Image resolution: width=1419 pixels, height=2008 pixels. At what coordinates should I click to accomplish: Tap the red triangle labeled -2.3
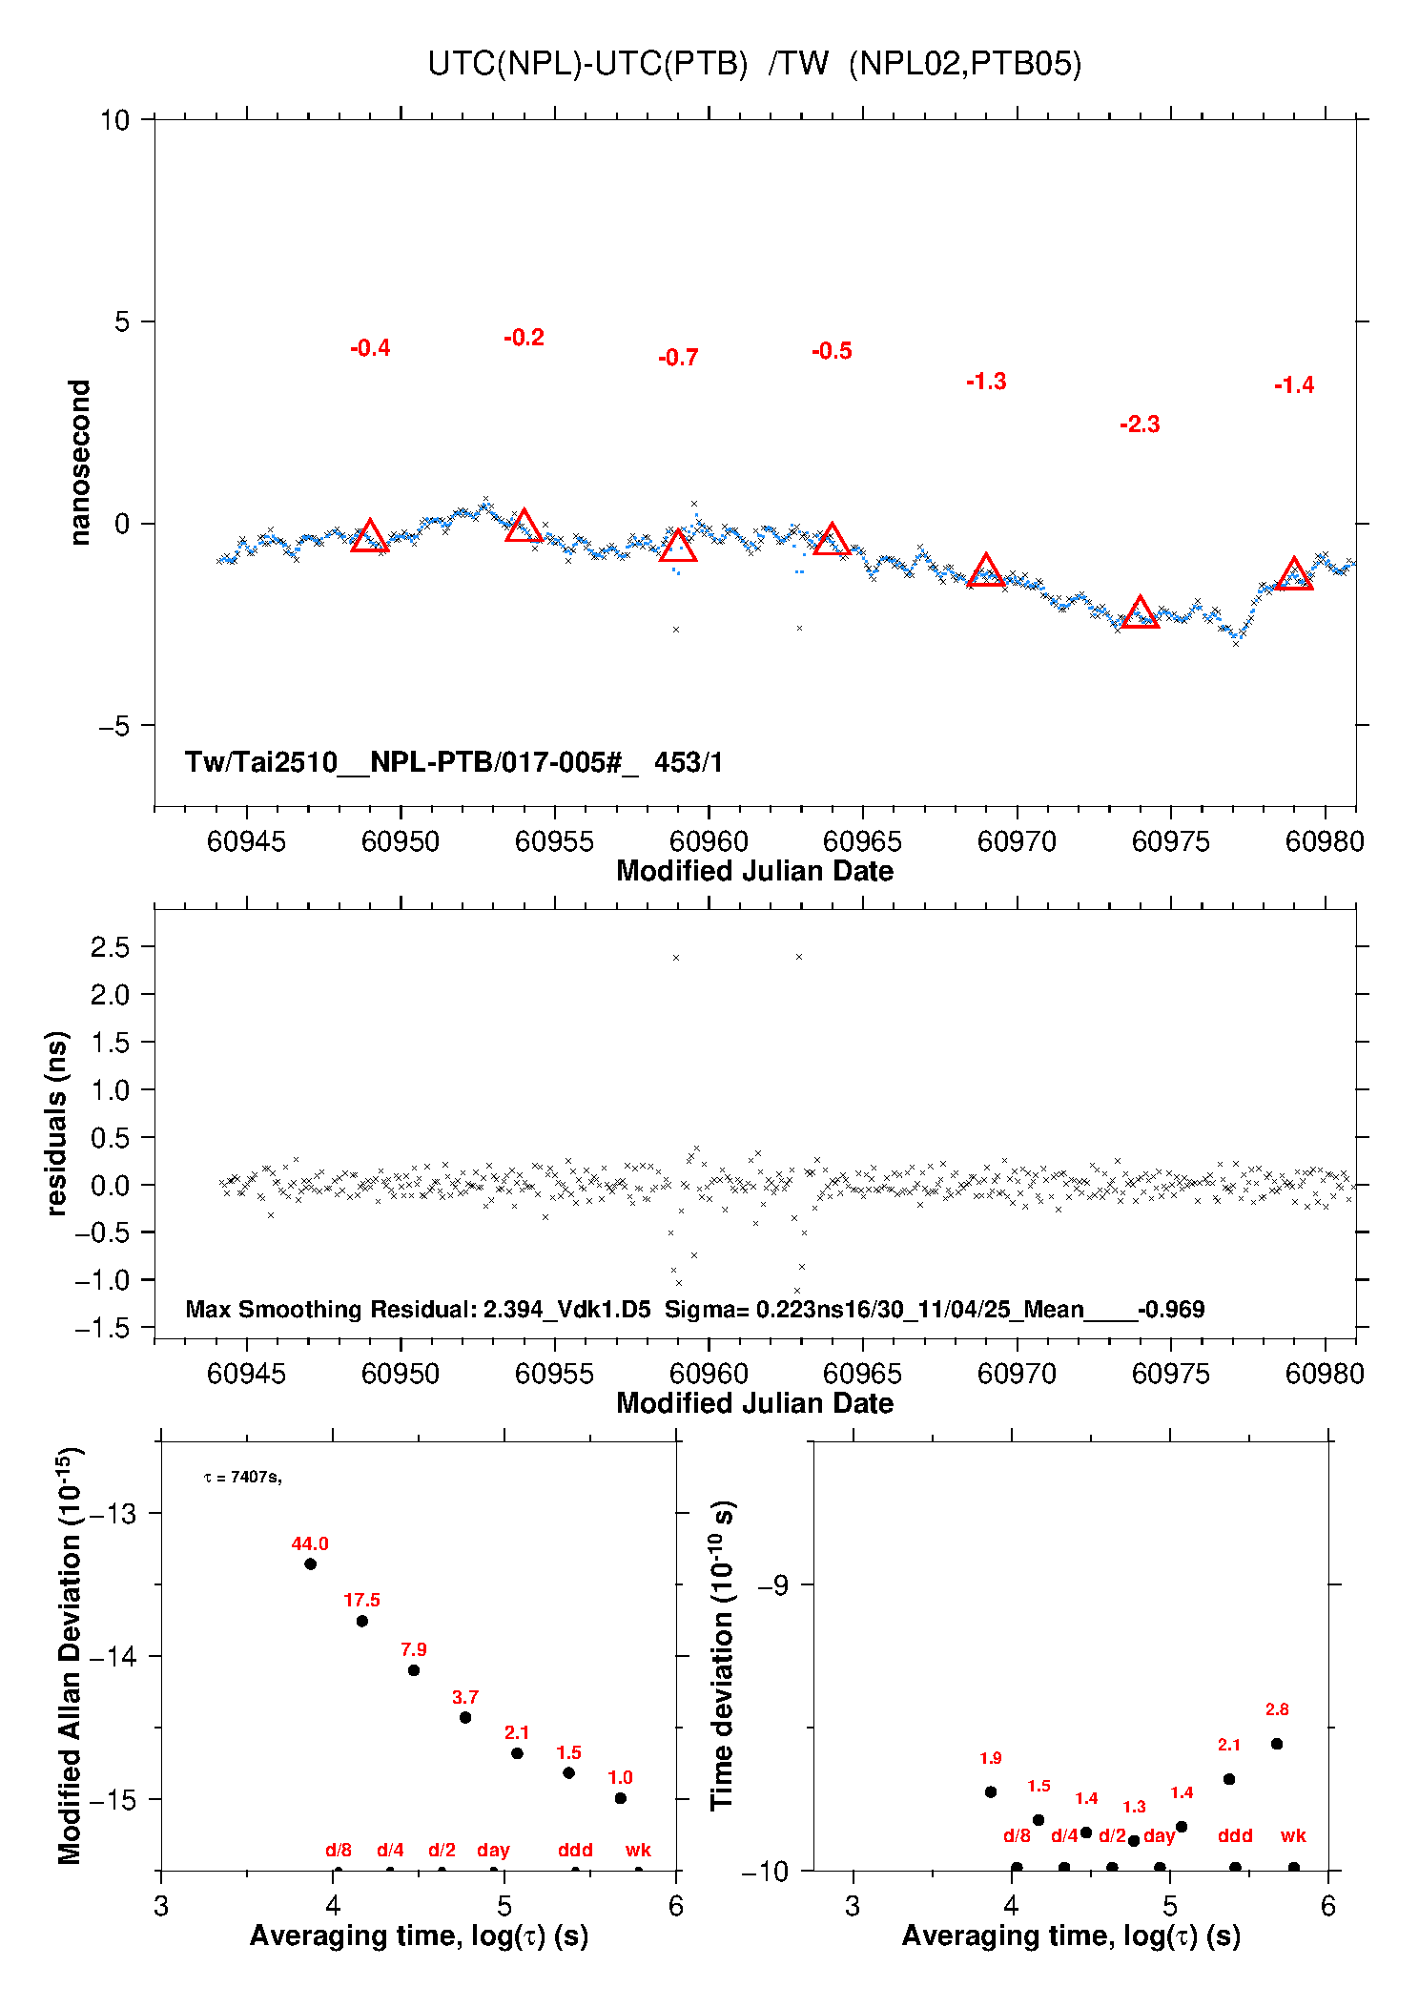pyautogui.click(x=1140, y=613)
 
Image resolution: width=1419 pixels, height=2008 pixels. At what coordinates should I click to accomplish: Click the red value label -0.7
pyautogui.click(x=678, y=358)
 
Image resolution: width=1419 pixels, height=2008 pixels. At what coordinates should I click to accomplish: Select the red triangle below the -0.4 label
pyautogui.click(x=370, y=537)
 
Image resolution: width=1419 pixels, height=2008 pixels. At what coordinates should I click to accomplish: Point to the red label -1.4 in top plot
pyautogui.click(x=1294, y=385)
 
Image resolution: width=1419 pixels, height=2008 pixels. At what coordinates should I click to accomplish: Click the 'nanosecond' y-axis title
pyautogui.click(x=80, y=463)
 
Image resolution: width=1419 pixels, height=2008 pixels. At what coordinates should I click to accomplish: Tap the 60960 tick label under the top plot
pyautogui.click(x=709, y=841)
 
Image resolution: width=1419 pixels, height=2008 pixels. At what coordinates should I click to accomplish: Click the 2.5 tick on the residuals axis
pyautogui.click(x=110, y=947)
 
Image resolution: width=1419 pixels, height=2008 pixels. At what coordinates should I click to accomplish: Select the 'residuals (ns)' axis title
pyautogui.click(x=57, y=1123)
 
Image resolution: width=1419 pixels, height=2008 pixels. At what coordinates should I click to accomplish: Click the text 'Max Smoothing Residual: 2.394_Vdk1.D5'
pyautogui.click(x=418, y=1309)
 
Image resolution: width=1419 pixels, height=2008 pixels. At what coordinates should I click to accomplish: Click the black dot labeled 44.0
pyautogui.click(x=310, y=1563)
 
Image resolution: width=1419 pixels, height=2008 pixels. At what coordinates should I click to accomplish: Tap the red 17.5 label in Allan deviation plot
pyautogui.click(x=361, y=1600)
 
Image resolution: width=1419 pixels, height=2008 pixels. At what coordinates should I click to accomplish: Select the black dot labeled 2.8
pyautogui.click(x=1277, y=1744)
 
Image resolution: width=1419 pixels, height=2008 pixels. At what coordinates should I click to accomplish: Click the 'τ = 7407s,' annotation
pyautogui.click(x=242, y=1477)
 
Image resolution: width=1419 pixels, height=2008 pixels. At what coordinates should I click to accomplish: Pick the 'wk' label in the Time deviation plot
pyautogui.click(x=1293, y=1835)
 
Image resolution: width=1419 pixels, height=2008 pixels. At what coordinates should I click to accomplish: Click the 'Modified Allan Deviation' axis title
pyautogui.click(x=70, y=1655)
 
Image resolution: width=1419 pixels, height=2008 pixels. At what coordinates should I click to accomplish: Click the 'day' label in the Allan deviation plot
pyautogui.click(x=493, y=1850)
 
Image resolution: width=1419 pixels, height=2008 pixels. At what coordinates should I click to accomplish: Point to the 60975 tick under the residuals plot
pyautogui.click(x=1170, y=1374)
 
